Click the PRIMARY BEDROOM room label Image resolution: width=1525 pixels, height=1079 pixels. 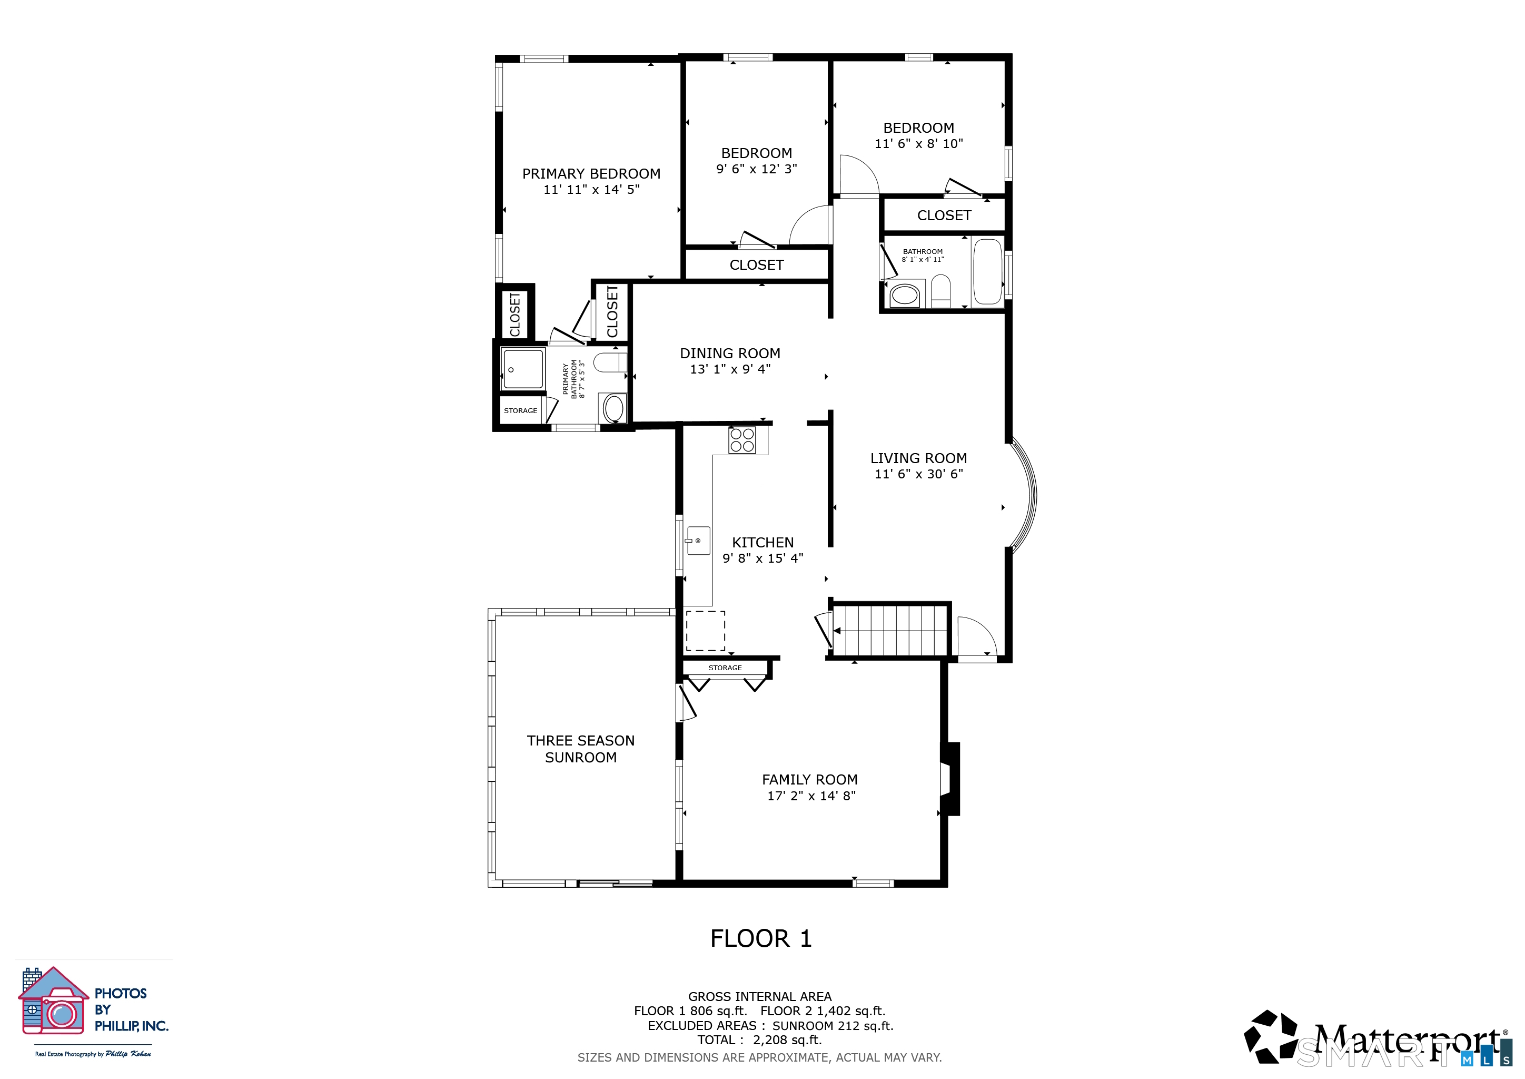pyautogui.click(x=591, y=174)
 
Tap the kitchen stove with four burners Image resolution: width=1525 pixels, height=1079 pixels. pyautogui.click(x=742, y=440)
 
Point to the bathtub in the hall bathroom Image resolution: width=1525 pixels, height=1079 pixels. pyautogui.click(x=987, y=272)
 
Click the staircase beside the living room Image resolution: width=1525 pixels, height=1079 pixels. pyautogui.click(x=890, y=630)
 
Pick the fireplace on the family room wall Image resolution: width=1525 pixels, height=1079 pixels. pyautogui.click(x=950, y=778)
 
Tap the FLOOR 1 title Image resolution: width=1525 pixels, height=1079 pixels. pyautogui.click(x=761, y=939)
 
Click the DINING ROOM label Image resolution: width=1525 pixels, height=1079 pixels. pyautogui.click(x=730, y=354)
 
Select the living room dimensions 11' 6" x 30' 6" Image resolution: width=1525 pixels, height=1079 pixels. pyautogui.click(x=918, y=474)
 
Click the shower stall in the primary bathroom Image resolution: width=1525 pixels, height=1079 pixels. pyautogui.click(x=523, y=369)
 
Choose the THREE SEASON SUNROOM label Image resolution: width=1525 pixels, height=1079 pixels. pyautogui.click(x=580, y=749)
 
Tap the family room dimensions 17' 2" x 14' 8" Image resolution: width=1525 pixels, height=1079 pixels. pyautogui.click(x=811, y=796)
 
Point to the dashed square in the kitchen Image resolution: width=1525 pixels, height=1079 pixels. pyautogui.click(x=706, y=631)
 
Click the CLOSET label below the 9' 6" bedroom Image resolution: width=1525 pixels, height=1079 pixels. pyautogui.click(x=757, y=265)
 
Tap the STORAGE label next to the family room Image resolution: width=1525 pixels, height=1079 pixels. pyautogui.click(x=725, y=668)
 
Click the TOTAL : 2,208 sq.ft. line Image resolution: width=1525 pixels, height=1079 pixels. pyautogui.click(x=760, y=1041)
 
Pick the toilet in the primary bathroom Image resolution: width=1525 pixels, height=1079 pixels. pyautogui.click(x=610, y=362)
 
